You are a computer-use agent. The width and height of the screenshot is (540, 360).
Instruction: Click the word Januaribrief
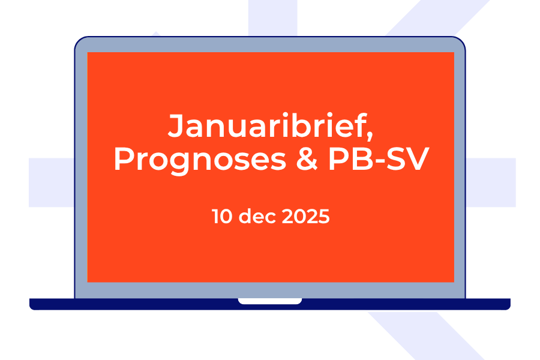(x=267, y=125)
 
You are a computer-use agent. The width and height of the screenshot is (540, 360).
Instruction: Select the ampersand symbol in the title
(x=307, y=159)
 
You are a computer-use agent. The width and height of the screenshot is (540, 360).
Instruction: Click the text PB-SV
(x=379, y=159)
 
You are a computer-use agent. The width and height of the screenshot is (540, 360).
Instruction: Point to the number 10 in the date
(x=222, y=217)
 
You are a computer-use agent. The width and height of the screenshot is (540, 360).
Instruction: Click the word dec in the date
(x=257, y=217)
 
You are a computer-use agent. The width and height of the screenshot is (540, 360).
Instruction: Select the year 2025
(x=305, y=217)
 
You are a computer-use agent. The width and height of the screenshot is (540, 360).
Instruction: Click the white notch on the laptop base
(x=270, y=301)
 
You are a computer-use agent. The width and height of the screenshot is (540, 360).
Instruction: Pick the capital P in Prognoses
(x=124, y=159)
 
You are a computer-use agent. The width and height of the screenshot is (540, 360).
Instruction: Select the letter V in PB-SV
(x=418, y=159)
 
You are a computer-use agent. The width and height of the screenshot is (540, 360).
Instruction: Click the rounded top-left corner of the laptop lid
(x=79, y=40)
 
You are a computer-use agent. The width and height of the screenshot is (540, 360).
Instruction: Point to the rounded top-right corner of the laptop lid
(x=461, y=40)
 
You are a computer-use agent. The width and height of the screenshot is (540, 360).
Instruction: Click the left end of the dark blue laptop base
(x=31, y=304)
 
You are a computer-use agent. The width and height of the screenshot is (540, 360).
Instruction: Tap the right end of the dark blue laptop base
(x=509, y=304)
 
